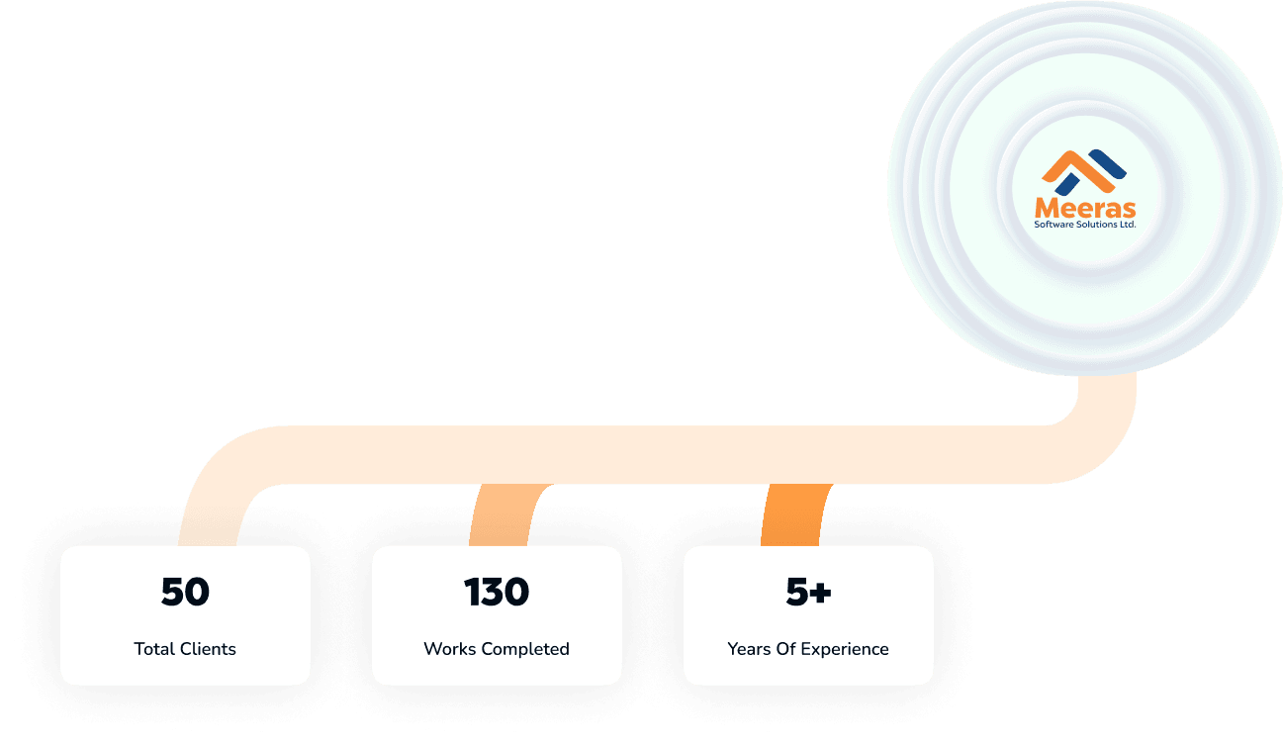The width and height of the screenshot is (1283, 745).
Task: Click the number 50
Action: coord(185,592)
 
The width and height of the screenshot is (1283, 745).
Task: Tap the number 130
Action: coord(497,592)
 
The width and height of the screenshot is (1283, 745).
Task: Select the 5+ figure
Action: coord(808,592)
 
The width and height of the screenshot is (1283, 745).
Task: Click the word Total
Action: coord(154,649)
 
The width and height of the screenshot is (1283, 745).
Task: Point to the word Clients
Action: coord(208,649)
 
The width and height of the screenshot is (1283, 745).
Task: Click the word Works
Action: coord(450,649)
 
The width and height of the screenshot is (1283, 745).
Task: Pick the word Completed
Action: coord(525,649)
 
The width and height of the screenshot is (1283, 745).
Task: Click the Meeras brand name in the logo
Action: coord(1085,208)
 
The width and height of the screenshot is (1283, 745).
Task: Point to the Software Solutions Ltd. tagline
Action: coord(1085,224)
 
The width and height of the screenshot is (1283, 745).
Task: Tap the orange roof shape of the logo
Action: coord(1077,169)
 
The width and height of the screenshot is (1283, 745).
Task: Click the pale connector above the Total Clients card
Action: coord(208,515)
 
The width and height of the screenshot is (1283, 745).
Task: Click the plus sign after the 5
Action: coord(821,593)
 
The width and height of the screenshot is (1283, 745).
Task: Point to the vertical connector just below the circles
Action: coord(1107,396)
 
